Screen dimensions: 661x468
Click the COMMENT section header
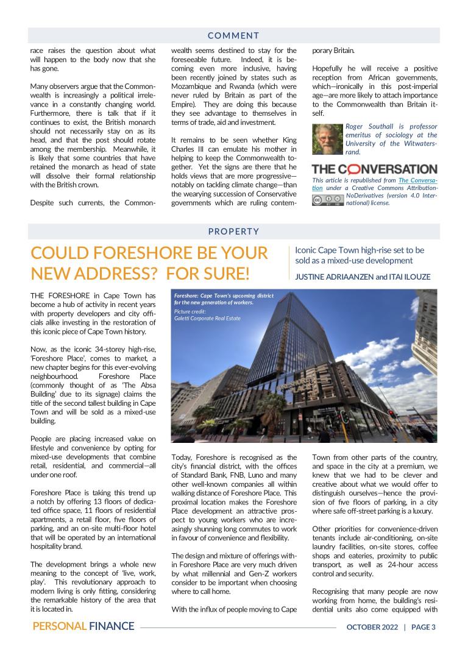pyautogui.click(x=233, y=36)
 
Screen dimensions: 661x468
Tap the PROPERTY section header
pyautogui.click(x=233, y=232)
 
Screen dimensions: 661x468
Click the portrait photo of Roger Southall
pyautogui.click(x=327, y=139)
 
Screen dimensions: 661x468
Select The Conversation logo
pyautogui.click(x=374, y=169)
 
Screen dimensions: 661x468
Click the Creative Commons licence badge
pyautogui.click(x=327, y=200)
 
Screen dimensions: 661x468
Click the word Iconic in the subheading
pyautogui.click(x=307, y=250)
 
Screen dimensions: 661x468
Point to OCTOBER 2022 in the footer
pyautogui.click(x=371, y=626)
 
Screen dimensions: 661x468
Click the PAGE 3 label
pyautogui.click(x=424, y=626)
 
